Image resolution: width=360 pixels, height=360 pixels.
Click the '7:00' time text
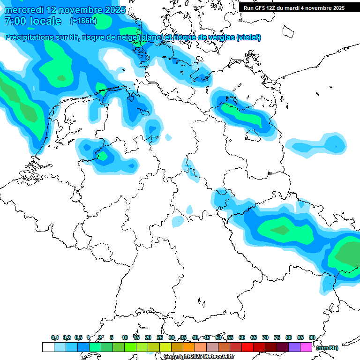coord(15,21)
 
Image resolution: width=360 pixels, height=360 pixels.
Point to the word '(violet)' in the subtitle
coord(248,37)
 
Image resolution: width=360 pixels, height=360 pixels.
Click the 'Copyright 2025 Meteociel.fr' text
coord(199,357)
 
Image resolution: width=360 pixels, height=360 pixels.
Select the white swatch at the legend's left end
coord(48,347)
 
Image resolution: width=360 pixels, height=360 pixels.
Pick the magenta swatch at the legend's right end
coord(307,347)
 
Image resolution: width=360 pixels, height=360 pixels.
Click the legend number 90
coord(312,337)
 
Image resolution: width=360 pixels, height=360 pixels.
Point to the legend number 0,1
coord(55,337)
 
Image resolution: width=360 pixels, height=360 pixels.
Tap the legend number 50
coord(218,337)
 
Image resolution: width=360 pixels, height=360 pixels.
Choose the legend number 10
coord(125,337)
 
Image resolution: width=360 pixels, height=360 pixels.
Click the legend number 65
coord(254,337)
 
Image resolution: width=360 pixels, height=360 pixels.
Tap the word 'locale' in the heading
coord(45,21)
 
